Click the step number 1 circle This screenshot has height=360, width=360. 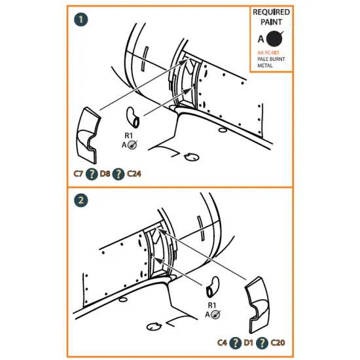coord(81,20)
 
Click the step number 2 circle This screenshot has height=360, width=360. coord(81,200)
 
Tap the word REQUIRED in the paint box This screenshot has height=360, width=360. coord(271,12)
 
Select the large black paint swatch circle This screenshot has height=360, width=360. coord(274,39)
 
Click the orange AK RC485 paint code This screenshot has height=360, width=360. coord(268,52)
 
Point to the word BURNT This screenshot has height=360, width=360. coord(278,59)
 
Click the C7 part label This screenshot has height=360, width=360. coord(78,174)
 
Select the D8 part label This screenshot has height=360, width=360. coord(105,174)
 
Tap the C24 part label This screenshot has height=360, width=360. coord(134,174)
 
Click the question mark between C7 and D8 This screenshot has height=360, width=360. coord(92,174)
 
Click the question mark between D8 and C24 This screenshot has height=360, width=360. coord(118,174)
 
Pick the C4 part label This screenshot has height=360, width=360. coord(222,343)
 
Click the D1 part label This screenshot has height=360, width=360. coord(249,343)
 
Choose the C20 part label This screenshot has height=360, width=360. coord(278,343)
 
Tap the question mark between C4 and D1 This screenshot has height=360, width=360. coord(236,343)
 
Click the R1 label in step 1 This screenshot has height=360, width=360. coord(128,135)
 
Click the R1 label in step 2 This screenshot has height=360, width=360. coord(212,306)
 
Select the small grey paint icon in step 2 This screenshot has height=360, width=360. coord(215,315)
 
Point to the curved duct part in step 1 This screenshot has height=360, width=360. coord(133,117)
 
